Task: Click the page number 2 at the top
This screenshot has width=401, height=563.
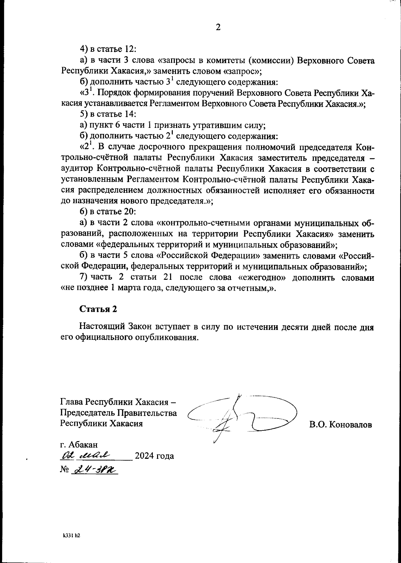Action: click(218, 27)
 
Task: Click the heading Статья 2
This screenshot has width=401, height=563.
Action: click(98, 309)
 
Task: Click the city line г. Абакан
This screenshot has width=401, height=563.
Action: click(79, 444)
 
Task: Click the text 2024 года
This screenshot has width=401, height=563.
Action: click(154, 456)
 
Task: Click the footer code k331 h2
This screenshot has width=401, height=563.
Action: click(72, 535)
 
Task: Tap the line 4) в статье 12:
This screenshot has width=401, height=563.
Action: click(108, 49)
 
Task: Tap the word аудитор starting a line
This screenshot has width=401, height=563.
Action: click(77, 169)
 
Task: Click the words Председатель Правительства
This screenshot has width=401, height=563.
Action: click(118, 413)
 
